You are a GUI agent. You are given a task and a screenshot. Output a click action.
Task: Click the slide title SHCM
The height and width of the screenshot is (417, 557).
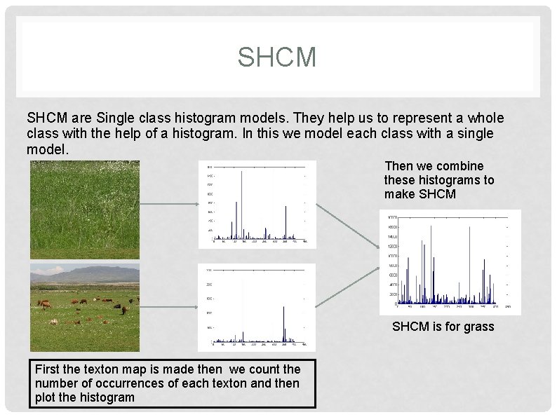(x=277, y=57)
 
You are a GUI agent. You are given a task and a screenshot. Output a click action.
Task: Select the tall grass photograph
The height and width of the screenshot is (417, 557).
(x=84, y=210)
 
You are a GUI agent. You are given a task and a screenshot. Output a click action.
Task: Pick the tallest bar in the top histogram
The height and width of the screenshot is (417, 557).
(x=242, y=203)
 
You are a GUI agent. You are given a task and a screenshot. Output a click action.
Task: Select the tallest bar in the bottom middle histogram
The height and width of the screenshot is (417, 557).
(x=283, y=322)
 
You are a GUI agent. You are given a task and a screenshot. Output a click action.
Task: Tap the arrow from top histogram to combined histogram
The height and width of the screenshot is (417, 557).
(x=348, y=226)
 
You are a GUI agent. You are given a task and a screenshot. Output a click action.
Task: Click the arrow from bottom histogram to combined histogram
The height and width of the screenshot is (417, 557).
(x=348, y=288)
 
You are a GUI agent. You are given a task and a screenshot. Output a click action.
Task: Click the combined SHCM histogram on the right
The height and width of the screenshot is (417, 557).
(x=450, y=261)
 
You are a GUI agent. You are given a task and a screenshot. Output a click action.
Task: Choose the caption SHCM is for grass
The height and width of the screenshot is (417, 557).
(x=443, y=327)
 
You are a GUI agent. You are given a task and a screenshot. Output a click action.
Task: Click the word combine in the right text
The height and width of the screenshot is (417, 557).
(x=459, y=166)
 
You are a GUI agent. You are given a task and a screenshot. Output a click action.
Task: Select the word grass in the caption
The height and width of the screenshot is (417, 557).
(x=479, y=327)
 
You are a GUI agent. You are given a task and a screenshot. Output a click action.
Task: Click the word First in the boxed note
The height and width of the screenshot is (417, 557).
(x=48, y=369)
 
